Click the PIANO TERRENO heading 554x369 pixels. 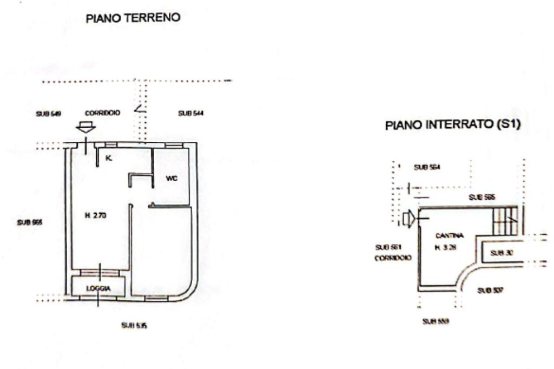click(133, 18)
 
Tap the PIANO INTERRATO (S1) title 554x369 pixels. click(452, 125)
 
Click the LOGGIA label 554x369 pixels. click(98, 289)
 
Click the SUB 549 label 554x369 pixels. click(48, 114)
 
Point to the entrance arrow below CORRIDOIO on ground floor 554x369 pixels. click(85, 128)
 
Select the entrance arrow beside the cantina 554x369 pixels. click(409, 219)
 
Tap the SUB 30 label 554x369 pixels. click(497, 252)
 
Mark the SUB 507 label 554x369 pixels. click(490, 291)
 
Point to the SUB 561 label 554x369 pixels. click(386, 247)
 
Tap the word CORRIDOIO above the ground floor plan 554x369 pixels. click(102, 113)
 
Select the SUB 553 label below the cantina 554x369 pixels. click(435, 320)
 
